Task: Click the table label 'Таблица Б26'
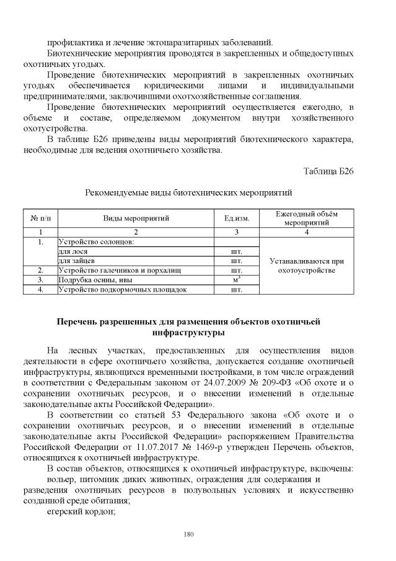(328, 171)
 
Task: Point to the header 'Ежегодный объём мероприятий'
(306, 218)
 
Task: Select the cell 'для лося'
(73, 251)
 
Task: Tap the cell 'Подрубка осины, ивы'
(95, 280)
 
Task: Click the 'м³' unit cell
(236, 280)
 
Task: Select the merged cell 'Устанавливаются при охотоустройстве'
(306, 266)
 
